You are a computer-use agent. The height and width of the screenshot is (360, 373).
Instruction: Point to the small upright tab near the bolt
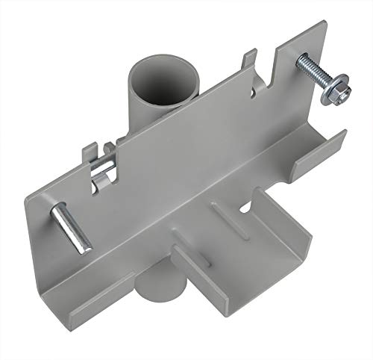point(251,59)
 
